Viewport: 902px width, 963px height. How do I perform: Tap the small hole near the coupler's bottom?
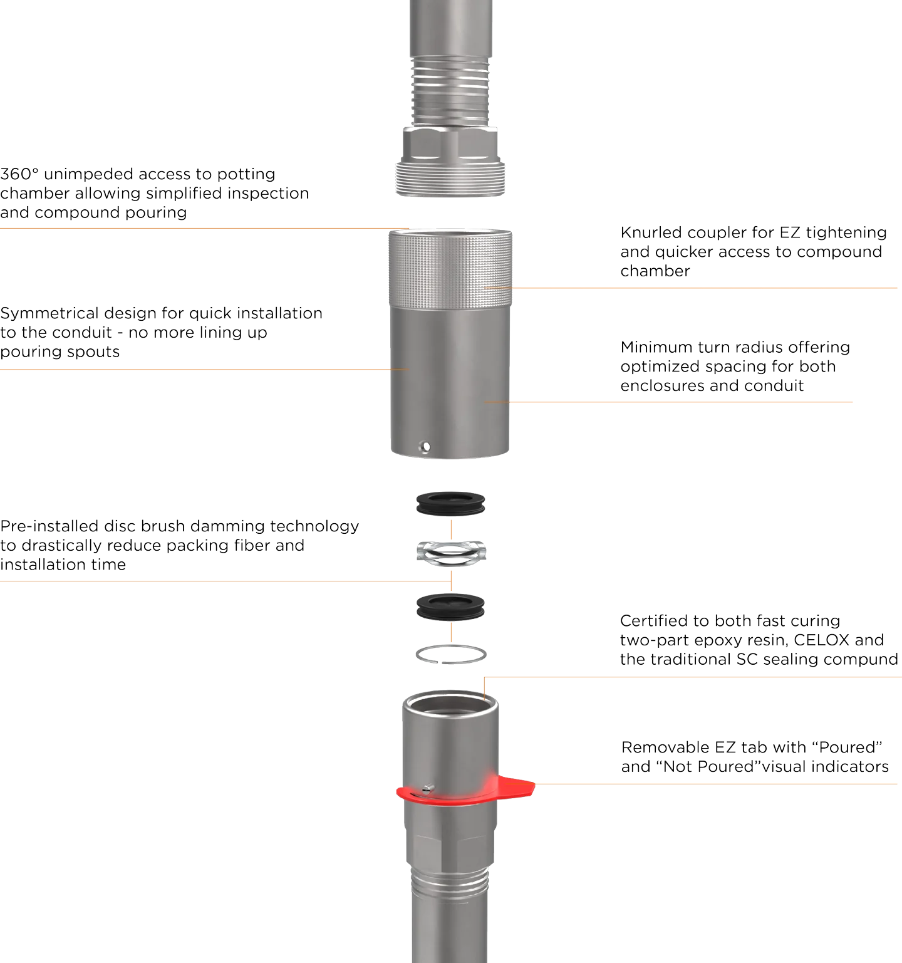pos(425,447)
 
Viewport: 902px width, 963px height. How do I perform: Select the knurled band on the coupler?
pos(450,268)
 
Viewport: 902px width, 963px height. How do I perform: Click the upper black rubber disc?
pos(450,503)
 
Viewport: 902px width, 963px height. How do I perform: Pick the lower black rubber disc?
pos(450,607)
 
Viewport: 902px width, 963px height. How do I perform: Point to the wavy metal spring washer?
pos(450,552)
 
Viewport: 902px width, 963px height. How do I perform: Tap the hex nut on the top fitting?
pos(450,145)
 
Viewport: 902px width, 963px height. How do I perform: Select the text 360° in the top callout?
pos(19,174)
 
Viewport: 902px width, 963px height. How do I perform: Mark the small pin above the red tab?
pos(428,788)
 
